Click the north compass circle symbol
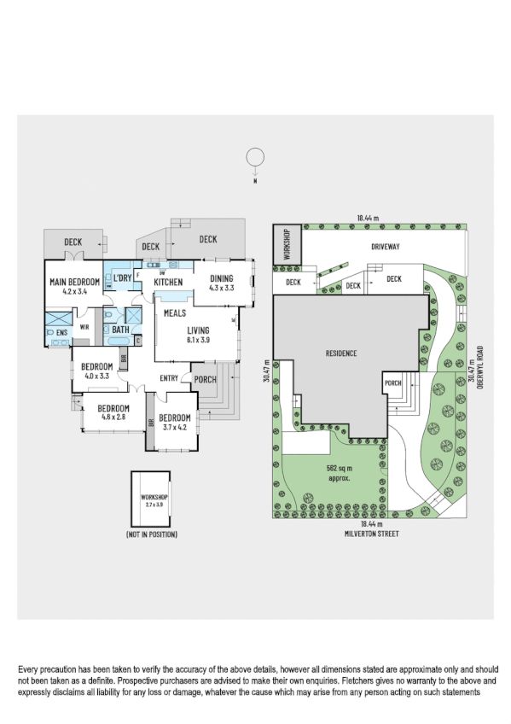pos(253,157)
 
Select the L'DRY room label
pos(123,278)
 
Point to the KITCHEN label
pos(168,283)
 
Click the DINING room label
pos(221,278)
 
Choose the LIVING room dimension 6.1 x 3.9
pos(198,339)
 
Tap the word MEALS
pos(174,313)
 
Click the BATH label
pos(120,329)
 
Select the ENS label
pos(61,333)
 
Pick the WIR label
pos(85,326)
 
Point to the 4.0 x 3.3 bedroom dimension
pos(96,376)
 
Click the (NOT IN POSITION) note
pos(151,534)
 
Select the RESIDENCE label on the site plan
pos(340,353)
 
